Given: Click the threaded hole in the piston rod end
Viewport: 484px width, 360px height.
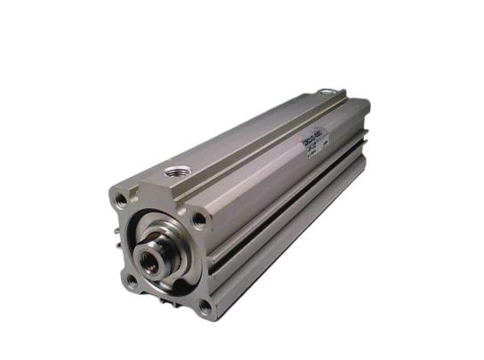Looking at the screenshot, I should point(146,260).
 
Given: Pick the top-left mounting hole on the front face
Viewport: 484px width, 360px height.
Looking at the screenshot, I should point(121,202).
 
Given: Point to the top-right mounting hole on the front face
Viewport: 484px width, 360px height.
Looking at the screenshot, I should point(199,218).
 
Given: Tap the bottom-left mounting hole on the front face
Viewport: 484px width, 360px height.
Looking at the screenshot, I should point(132,280).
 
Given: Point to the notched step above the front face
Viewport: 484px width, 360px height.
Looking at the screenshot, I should point(142,188).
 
